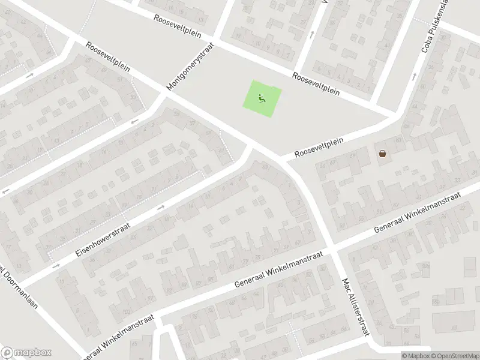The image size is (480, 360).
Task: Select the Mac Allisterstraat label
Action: coord(355,307)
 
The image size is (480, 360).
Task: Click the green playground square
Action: coord(262,98)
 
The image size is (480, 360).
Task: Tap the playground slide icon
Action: coord(262,98)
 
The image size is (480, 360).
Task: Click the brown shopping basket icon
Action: coord(383,153)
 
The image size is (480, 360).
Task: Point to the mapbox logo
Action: coord(26,353)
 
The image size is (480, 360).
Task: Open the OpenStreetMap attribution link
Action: coord(452,355)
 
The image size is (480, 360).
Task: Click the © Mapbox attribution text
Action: coord(415,355)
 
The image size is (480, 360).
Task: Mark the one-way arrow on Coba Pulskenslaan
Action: coord(414,76)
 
